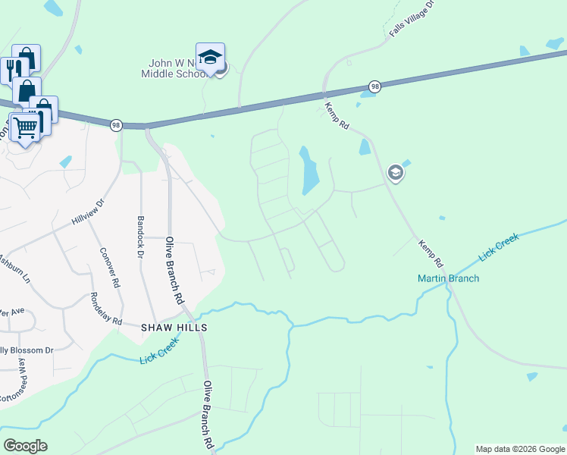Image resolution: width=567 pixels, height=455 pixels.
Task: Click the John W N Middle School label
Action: [x=174, y=68]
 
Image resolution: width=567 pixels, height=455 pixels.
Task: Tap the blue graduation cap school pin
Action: [x=210, y=57]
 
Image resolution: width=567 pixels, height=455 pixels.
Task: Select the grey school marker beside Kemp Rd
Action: [x=394, y=174]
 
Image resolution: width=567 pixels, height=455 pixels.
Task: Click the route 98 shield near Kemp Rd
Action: [x=374, y=86]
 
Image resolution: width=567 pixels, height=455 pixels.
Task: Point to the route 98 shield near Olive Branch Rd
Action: [x=115, y=125]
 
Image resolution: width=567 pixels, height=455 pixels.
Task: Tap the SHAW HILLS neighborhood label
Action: [x=174, y=327]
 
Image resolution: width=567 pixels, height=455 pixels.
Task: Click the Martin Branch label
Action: [x=448, y=278]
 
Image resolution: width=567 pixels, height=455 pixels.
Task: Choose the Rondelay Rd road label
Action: [x=106, y=309]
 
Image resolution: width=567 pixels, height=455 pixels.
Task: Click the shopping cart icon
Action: [x=26, y=127]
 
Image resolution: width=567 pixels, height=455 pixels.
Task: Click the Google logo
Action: [x=25, y=445]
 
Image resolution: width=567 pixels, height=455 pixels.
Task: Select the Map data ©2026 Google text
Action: [x=519, y=449]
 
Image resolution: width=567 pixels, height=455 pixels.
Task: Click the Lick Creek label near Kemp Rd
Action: [x=499, y=247]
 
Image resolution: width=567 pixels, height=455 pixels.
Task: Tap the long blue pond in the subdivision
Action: [x=310, y=171]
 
